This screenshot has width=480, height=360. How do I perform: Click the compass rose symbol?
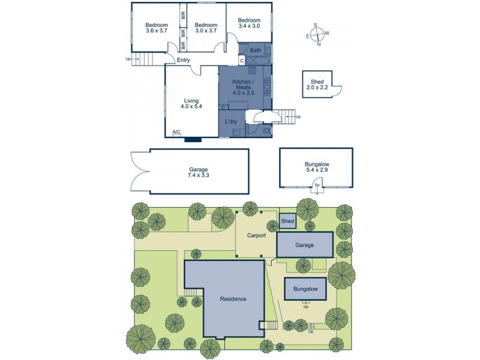318,34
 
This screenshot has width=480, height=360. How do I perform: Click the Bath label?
255,50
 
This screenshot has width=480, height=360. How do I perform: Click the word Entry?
183,60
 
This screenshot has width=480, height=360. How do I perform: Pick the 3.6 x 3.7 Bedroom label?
157,28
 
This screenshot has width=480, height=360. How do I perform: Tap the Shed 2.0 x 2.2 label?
317,85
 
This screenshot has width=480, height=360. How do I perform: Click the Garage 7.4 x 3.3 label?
198,172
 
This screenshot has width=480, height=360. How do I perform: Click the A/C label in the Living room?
176,132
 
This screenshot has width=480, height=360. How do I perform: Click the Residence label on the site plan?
233,299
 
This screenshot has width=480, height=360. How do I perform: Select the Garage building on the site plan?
305,245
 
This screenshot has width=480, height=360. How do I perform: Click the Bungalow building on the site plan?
305,289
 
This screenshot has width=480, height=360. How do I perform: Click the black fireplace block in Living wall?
193,140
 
